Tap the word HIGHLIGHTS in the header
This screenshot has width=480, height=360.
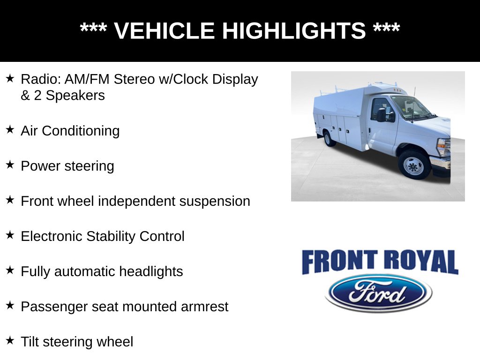pyautogui.click(x=293, y=31)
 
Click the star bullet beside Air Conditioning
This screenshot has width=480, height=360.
pyautogui.click(x=10, y=130)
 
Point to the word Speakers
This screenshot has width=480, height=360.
pyautogui.click(x=75, y=96)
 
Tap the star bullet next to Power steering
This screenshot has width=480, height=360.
pyautogui.click(x=10, y=165)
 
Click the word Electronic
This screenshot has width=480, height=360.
pyautogui.click(x=52, y=236)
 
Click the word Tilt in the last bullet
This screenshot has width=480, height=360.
pyautogui.click(x=29, y=342)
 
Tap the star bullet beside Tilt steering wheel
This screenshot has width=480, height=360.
pyautogui.click(x=10, y=341)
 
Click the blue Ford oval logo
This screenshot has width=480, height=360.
pyautogui.click(x=378, y=293)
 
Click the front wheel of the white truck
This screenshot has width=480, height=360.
pyautogui.click(x=413, y=165)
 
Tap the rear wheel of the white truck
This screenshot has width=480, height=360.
pyautogui.click(x=329, y=138)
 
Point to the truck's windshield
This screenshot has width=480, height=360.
pyautogui.click(x=411, y=107)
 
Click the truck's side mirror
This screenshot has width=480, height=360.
pyautogui.click(x=382, y=114)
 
